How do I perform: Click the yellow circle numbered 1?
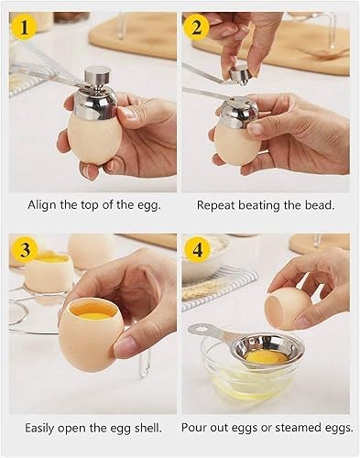pos(24,27)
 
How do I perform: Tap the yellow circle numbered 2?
pos(197,27)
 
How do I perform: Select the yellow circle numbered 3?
pos(25,249)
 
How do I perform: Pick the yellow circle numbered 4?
pos(198,250)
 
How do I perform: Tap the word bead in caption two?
pos(320,205)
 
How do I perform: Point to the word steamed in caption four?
pos(297,428)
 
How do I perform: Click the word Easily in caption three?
pos(39,428)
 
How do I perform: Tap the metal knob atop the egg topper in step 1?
pos(94,74)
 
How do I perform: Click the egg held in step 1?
pos(93,137)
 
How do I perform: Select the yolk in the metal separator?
pos(266,356)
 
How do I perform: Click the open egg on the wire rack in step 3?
pos(49,273)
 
